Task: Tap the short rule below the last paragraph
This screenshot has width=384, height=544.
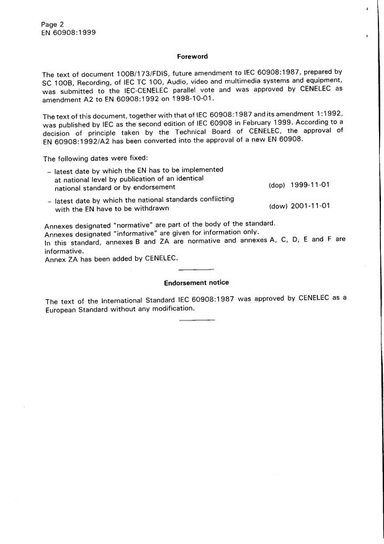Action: (196, 320)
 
